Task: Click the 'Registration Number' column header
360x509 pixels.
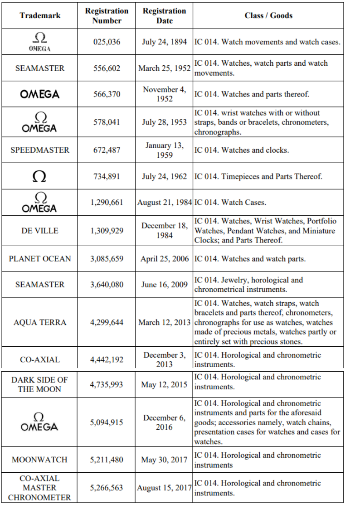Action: tap(107, 15)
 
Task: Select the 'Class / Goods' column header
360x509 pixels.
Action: tap(268, 15)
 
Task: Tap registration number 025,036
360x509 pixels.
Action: tap(107, 42)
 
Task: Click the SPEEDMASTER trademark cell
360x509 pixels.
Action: tap(40, 150)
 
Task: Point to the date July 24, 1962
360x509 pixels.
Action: tap(164, 176)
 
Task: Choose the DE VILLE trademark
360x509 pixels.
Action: tap(40, 231)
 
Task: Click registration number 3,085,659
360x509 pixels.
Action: tap(107, 259)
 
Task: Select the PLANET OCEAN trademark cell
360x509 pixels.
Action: tap(40, 259)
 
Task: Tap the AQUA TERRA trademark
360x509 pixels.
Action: tap(40, 322)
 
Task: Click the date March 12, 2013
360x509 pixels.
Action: tap(164, 322)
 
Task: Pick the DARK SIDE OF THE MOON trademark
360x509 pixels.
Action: tap(39, 384)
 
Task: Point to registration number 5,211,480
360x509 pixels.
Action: tap(107, 460)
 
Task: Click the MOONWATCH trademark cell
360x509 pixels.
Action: tap(39, 460)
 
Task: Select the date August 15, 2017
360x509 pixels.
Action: tap(164, 488)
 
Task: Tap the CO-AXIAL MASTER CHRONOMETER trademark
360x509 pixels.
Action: tap(39, 488)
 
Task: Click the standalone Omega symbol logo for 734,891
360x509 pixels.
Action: tap(40, 177)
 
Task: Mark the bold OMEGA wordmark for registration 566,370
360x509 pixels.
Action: tap(40, 94)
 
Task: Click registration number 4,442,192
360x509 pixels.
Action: tap(107, 360)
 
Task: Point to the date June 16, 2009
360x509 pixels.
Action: tap(164, 285)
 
